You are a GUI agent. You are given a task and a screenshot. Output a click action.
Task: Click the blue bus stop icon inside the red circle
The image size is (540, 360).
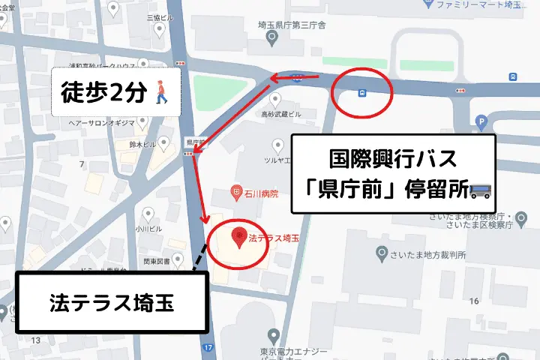[x=362, y=94]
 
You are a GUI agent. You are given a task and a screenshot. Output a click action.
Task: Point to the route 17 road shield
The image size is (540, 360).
[x=207, y=348]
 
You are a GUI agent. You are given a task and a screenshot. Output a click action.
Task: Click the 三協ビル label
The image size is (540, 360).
[x=160, y=16]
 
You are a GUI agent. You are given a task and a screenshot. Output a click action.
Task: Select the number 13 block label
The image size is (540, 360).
[x=34, y=340]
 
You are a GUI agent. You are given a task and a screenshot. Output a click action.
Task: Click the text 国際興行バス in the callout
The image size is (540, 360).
[x=394, y=160]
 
